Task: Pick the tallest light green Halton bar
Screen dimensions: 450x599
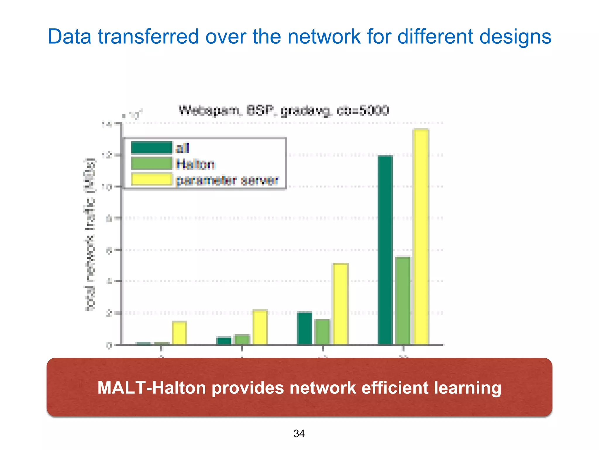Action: tap(403, 301)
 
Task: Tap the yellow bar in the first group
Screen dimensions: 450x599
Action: tap(179, 333)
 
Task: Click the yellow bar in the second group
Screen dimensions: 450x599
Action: tap(260, 327)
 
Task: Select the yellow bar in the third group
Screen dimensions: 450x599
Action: tap(341, 304)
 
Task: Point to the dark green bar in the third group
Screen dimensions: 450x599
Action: tap(304, 328)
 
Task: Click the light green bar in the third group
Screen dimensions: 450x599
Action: tap(322, 332)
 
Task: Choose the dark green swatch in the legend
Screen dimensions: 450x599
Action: tap(152, 148)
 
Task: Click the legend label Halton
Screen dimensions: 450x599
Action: tap(195, 164)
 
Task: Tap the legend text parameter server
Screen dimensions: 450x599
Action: tap(227, 180)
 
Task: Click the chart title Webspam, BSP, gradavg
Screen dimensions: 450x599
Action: tap(284, 111)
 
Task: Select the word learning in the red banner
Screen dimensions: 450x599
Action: tap(467, 388)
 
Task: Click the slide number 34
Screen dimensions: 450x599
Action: tap(299, 434)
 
